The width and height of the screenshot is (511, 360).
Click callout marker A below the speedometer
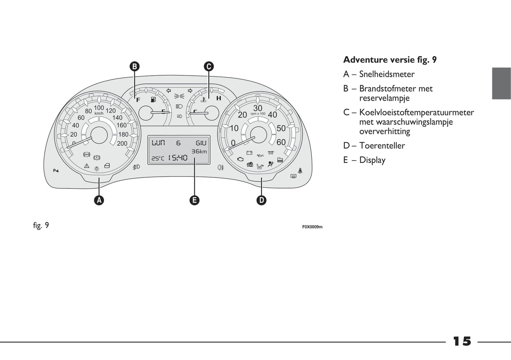click(x=99, y=200)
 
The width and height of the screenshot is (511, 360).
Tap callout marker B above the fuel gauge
click(x=134, y=66)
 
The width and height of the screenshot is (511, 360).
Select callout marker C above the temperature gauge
click(x=209, y=66)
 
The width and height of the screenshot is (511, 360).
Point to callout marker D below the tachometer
click(x=261, y=200)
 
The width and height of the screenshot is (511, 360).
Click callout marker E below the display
click(x=194, y=200)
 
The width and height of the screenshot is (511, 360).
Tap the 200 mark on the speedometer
click(x=122, y=144)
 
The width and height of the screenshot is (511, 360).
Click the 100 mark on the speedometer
click(x=99, y=108)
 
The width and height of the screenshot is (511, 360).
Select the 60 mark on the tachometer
click(x=281, y=142)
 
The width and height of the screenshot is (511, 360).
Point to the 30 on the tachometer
click(x=258, y=108)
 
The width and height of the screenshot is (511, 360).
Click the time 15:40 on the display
click(x=178, y=158)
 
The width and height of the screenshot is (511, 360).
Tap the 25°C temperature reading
click(x=158, y=158)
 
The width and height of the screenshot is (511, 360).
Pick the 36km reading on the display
click(x=199, y=151)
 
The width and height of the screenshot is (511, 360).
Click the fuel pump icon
click(x=153, y=100)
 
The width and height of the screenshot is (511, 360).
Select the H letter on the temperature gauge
click(x=219, y=98)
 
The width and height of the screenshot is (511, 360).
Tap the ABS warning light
click(x=86, y=155)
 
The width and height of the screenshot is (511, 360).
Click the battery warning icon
click(x=249, y=153)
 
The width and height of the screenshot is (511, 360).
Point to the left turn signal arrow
click(x=169, y=91)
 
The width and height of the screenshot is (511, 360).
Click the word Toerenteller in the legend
click(x=382, y=145)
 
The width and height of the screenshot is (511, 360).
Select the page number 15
click(x=462, y=341)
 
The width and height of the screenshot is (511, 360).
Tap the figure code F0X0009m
click(x=312, y=227)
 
